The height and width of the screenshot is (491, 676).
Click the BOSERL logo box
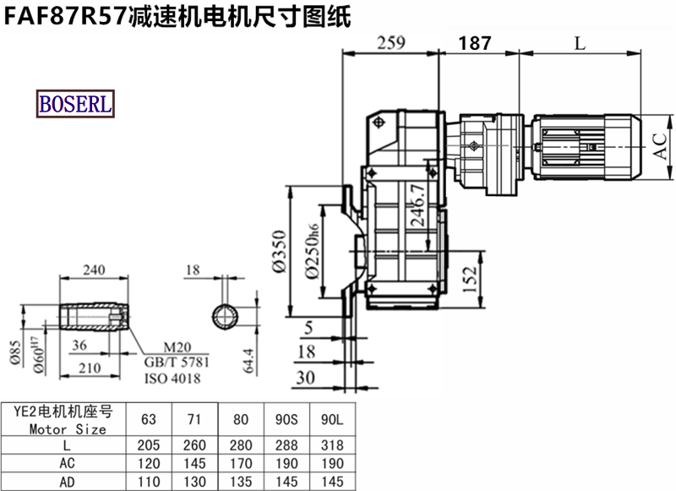(75, 103)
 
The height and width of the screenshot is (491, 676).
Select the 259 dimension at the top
(391, 42)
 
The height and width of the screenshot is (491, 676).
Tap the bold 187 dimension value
(475, 43)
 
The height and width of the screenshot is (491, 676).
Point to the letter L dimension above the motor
(581, 43)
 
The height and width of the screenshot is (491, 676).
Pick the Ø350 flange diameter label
(280, 252)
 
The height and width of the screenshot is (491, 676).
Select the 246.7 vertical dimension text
(417, 205)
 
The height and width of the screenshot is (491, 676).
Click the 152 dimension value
(470, 279)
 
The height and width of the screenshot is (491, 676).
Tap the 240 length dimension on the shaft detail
(94, 270)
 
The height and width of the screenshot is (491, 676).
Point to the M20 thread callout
(177, 347)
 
